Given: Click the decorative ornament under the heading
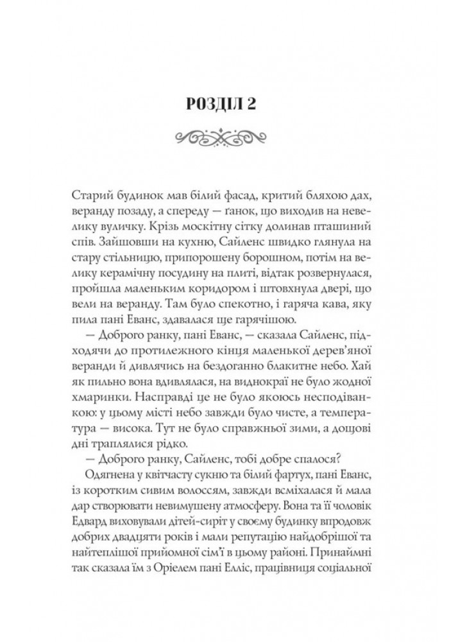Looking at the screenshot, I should tap(234, 136).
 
